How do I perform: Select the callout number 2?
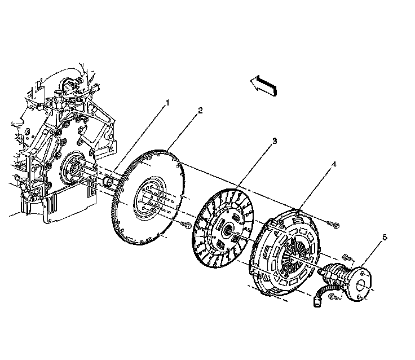[x=200, y=111]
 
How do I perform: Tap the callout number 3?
[x=274, y=141]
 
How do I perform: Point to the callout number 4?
[x=334, y=165]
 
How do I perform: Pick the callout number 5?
[x=385, y=238]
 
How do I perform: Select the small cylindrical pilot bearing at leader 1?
[x=111, y=182]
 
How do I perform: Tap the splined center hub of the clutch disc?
[x=227, y=229]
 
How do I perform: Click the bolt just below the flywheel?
[x=185, y=226]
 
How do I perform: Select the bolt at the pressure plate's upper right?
[x=335, y=226]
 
